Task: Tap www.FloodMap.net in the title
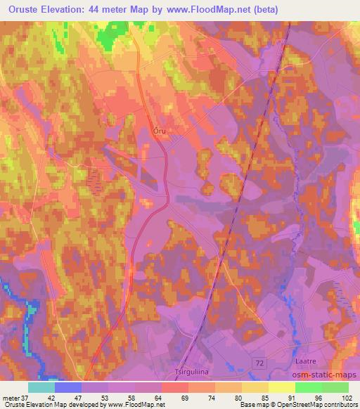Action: pyautogui.click(x=209, y=10)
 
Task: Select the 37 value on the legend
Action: pyautogui.click(x=25, y=398)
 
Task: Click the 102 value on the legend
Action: pyautogui.click(x=348, y=398)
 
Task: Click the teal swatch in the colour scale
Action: pyautogui.click(x=41, y=387)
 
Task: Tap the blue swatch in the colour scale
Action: pyautogui.click(x=68, y=387)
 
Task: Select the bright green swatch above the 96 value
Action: pyautogui.click(x=309, y=387)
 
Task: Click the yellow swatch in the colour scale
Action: pyautogui.click(x=282, y=387)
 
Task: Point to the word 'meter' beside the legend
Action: pyautogui.click(x=11, y=398)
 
